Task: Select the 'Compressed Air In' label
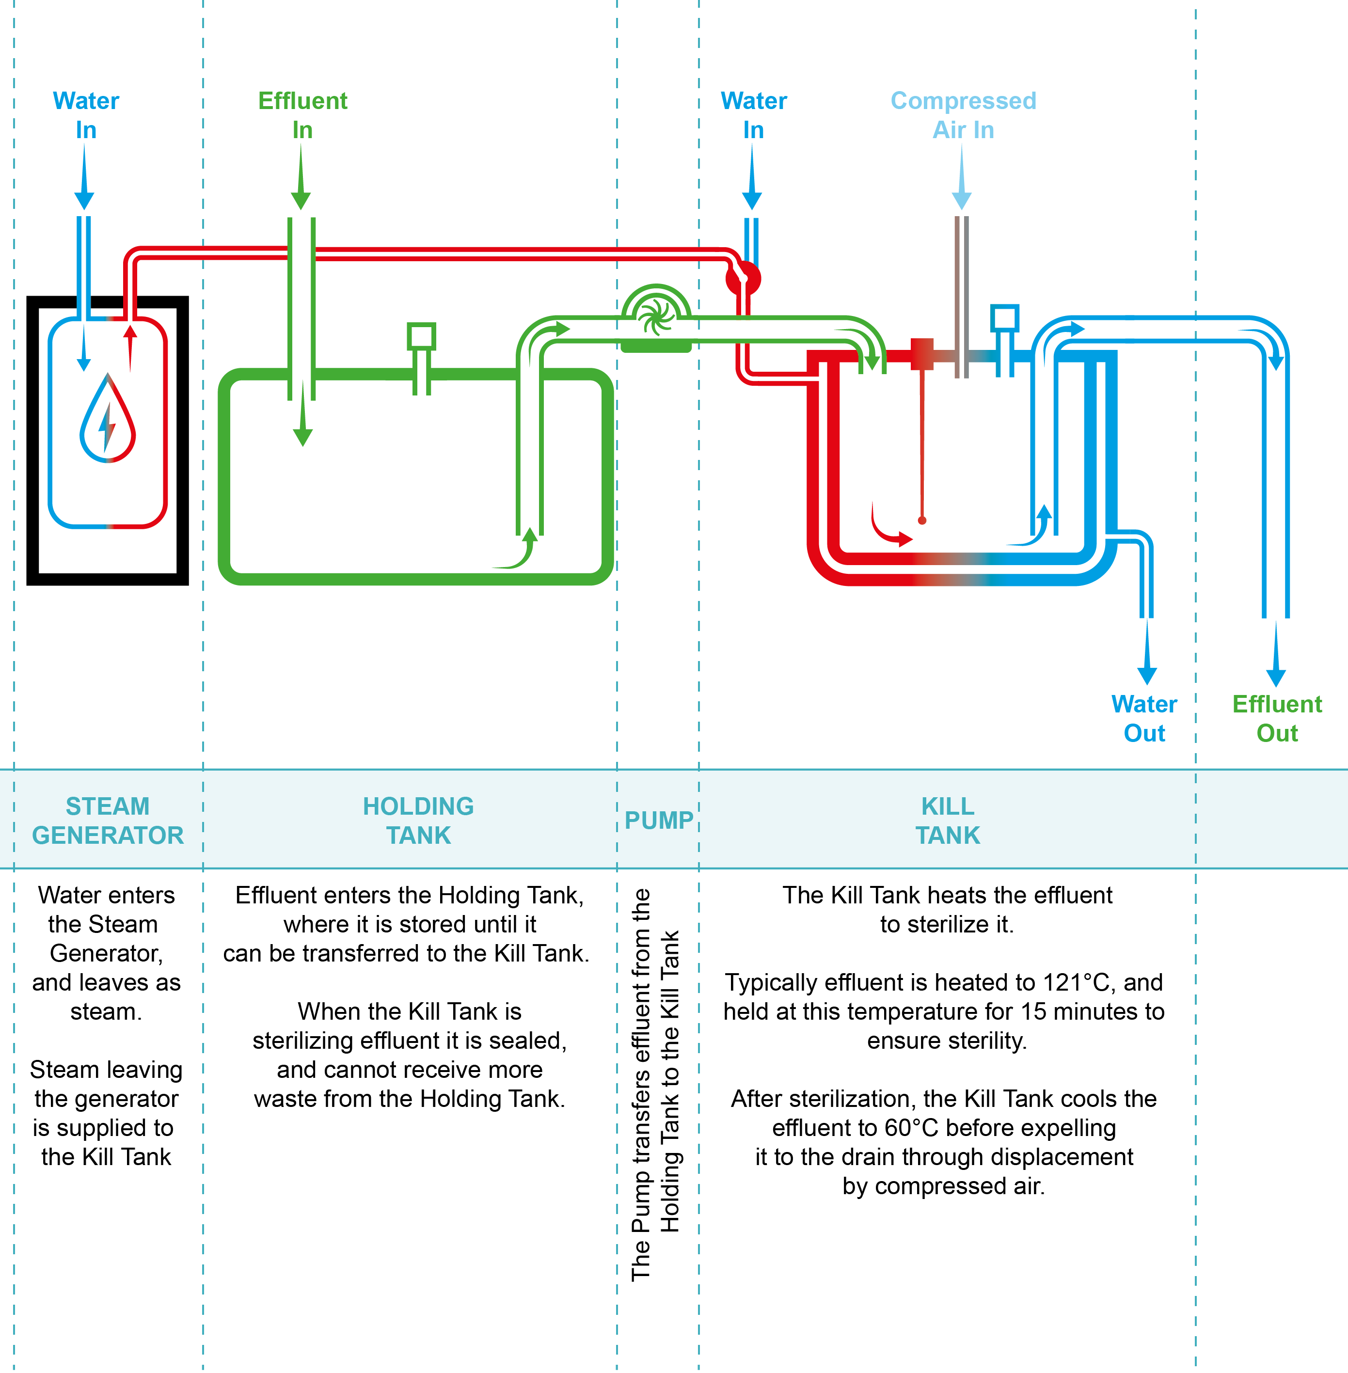pos(963,115)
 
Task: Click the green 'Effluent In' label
pos(302,115)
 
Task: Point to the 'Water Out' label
pos(1144,718)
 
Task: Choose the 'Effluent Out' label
pos(1276,718)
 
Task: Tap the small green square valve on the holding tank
pos(421,337)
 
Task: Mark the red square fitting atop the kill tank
pos(922,354)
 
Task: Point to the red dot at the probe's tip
pos(922,521)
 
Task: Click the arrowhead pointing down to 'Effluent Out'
pos(1276,676)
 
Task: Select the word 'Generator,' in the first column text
pos(106,953)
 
